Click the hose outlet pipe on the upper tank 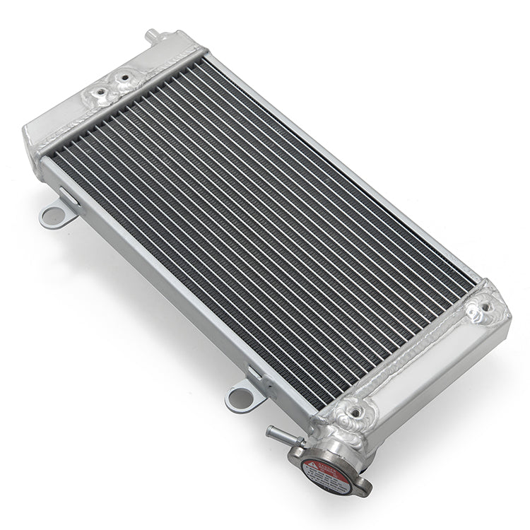tap(152, 35)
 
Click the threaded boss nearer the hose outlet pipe tap(126, 76)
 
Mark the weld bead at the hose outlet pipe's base tap(157, 44)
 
